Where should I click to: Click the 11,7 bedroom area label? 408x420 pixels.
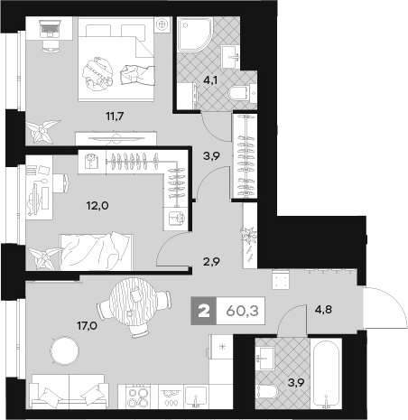pos(115,117)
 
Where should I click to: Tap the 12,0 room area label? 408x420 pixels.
pos(97,206)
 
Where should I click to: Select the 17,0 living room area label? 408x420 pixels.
pos(88,325)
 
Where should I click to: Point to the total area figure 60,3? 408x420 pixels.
pos(242,311)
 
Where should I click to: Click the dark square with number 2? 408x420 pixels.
pos(204,311)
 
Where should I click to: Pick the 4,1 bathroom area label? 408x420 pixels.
pos(210,80)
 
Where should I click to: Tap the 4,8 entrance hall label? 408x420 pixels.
pos(323,309)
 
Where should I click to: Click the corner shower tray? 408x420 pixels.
pos(195,34)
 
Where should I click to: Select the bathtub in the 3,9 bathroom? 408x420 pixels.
pos(326,374)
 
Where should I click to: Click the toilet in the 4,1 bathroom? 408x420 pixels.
pos(238,93)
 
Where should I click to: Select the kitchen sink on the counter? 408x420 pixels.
pos(196,397)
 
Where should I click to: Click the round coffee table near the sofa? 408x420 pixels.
pos(64,350)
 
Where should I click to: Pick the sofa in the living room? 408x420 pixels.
pos(69,391)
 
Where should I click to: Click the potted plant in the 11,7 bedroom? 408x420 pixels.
pos(42,131)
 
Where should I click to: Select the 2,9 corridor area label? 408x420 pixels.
pos(211,262)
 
